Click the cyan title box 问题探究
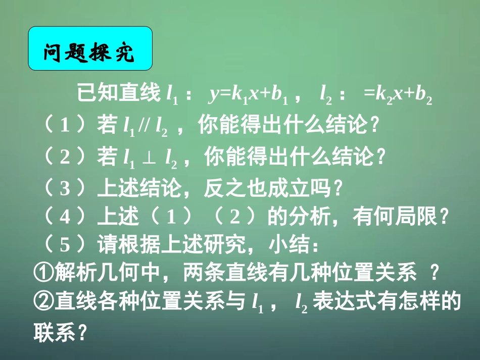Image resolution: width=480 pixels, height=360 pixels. (90, 48)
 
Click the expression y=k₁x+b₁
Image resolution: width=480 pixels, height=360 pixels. (248, 94)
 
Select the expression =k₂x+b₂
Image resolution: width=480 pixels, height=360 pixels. (399, 94)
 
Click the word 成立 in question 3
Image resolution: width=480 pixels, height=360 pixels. (287, 189)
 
